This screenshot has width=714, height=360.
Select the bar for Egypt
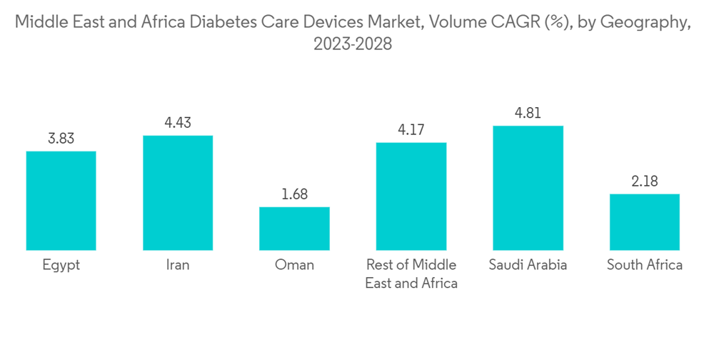[61, 201]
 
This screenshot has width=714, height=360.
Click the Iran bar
[178, 193]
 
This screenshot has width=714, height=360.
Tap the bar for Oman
[294, 229]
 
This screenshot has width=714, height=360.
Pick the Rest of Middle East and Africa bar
[411, 196]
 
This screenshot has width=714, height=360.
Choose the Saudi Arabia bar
[528, 188]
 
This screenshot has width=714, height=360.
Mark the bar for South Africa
[644, 222]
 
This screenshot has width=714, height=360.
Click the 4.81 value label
[528, 114]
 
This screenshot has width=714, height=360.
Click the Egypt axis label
[61, 265]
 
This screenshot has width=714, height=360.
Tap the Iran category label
[178, 265]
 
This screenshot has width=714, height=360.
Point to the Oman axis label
[294, 265]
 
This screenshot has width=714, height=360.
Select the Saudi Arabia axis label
[528, 265]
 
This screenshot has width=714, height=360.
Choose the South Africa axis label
[644, 265]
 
